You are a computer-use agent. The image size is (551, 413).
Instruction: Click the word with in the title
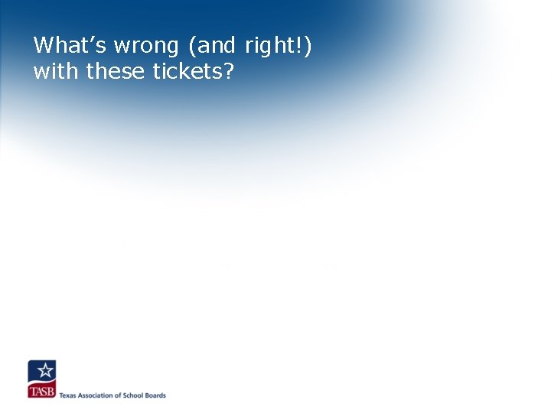[57, 72]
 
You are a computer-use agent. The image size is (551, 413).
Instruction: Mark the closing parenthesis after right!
[308, 47]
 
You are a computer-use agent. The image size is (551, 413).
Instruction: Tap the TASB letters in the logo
[41, 392]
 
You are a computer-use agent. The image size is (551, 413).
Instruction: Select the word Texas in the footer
[68, 395]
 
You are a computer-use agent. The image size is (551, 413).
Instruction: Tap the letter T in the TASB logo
[32, 392]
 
